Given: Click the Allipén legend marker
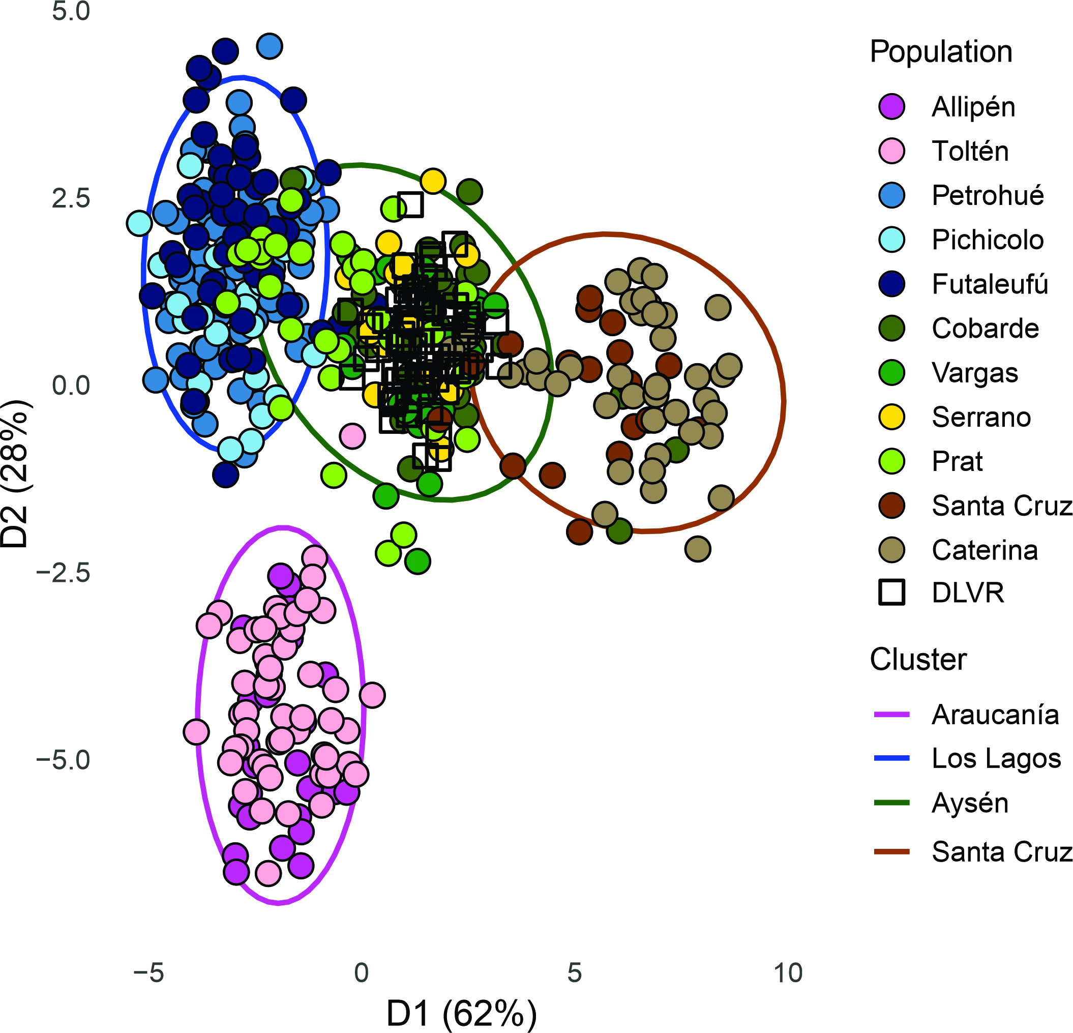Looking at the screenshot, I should (891, 107).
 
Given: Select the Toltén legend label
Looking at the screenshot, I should (970, 151).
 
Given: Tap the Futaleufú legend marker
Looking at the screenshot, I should (891, 284).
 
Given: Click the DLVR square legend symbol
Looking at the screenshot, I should (891, 593).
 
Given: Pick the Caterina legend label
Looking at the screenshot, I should (985, 550).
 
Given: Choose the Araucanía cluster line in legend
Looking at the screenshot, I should (891, 715).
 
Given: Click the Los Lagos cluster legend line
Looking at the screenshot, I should (891, 759).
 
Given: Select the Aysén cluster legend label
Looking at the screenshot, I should (970, 803).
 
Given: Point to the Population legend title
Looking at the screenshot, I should (940, 52).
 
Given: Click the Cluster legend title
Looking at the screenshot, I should (918, 660).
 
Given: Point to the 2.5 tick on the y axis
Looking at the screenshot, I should (71, 198).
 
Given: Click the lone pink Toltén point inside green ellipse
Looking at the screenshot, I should (352, 436).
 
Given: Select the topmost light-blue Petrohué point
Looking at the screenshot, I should (270, 46).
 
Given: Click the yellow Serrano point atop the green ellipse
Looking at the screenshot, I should (432, 181).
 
